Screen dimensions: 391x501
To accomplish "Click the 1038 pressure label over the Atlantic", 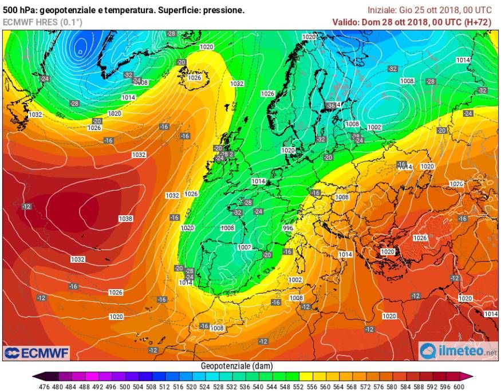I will point(125,219).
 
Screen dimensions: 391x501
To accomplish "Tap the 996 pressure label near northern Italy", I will point(288,228).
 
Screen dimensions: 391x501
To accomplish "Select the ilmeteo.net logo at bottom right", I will point(458,350).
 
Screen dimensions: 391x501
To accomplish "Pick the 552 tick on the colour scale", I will point(298,386).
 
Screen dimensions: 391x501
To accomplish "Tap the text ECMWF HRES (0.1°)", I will point(42,22).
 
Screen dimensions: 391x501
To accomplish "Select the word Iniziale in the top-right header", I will point(381,10).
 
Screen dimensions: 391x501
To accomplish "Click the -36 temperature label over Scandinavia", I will point(330,105).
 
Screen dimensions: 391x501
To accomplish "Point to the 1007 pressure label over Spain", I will point(244,247).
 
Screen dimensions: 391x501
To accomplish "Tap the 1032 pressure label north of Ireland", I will point(236,84).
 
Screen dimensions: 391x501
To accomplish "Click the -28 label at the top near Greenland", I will point(171,34).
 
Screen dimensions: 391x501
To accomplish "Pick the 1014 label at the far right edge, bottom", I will point(491,314).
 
